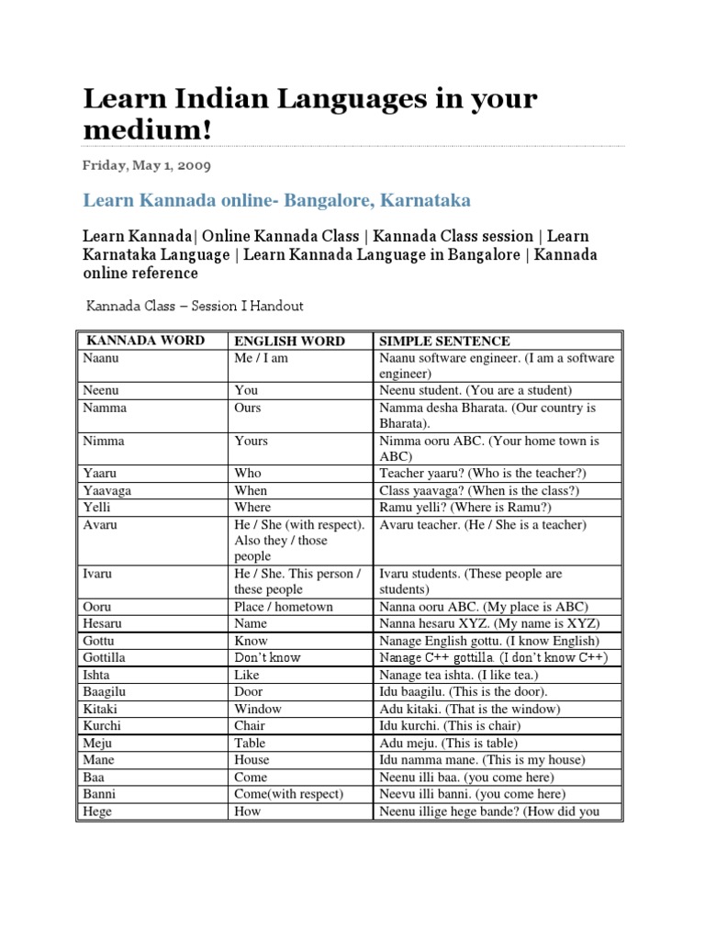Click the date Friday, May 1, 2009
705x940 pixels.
click(x=147, y=166)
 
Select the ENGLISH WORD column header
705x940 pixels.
click(x=289, y=341)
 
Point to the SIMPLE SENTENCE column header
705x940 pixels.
click(x=444, y=341)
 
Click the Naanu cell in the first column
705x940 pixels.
click(x=100, y=358)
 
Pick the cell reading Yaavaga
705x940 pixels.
click(x=106, y=490)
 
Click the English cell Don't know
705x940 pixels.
click(x=267, y=657)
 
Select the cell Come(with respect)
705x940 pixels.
click(x=288, y=793)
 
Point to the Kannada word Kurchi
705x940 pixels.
click(x=102, y=725)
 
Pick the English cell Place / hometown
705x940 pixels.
click(x=283, y=607)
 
